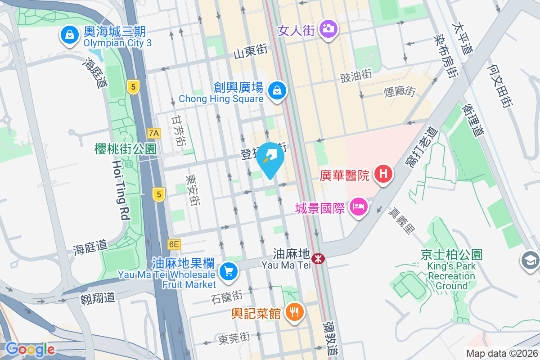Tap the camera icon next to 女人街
[x=328, y=29]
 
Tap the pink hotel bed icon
[x=358, y=207]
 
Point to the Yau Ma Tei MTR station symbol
[x=318, y=259]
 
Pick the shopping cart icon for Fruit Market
[x=229, y=271]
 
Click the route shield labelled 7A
[x=154, y=133]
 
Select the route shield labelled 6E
[x=174, y=244]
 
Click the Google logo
[x=30, y=349]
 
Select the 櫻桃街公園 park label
[x=125, y=149]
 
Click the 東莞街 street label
[x=234, y=337]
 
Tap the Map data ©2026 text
[x=501, y=353]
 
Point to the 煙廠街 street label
[x=400, y=92]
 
